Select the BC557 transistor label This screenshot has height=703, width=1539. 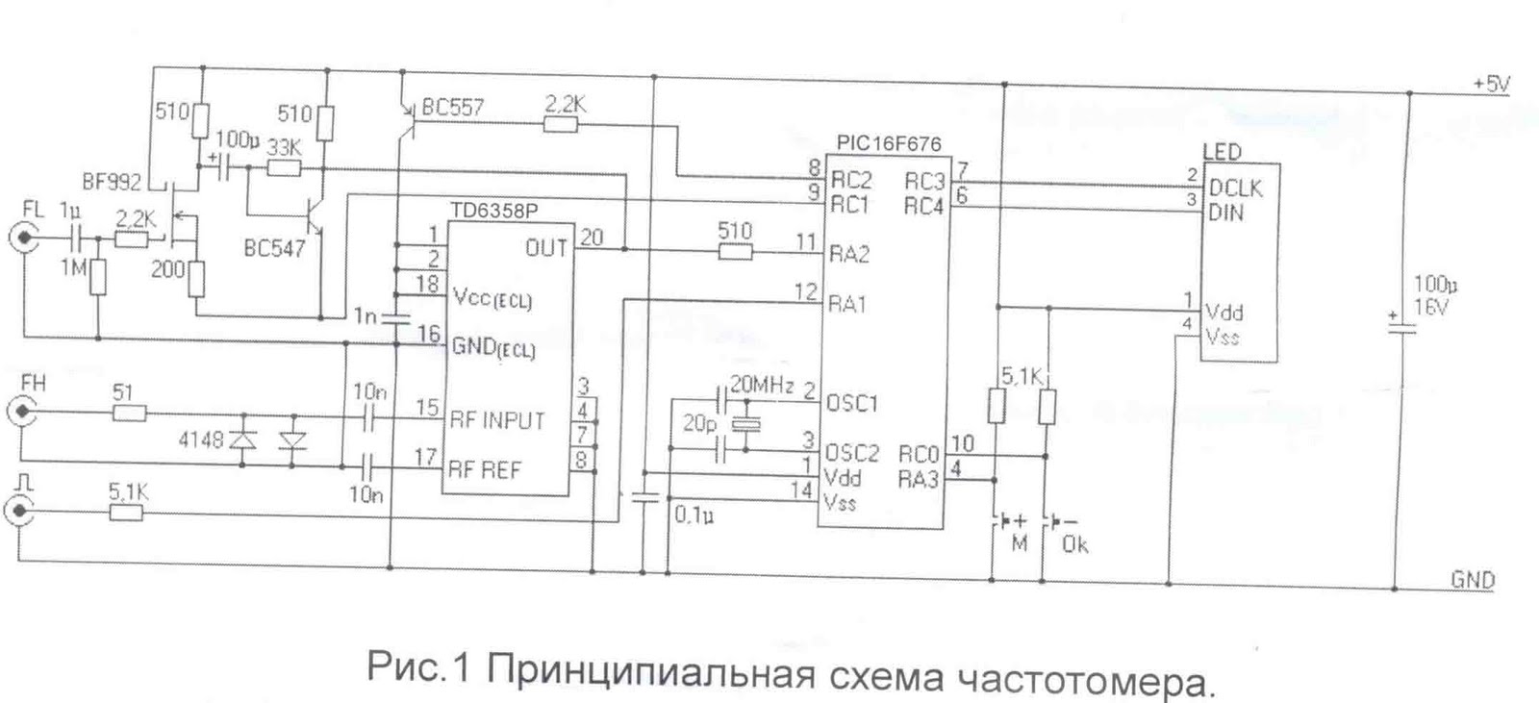tap(452, 107)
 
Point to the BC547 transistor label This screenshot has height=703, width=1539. tap(274, 248)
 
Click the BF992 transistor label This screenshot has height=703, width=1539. tap(112, 180)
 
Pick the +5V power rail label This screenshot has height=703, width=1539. tap(1491, 84)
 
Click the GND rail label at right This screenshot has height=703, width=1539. tap(1473, 579)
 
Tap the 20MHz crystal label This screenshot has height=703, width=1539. tap(762, 386)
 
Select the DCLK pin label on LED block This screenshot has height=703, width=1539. tap(1235, 188)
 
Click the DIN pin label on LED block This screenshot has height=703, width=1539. tap(1225, 212)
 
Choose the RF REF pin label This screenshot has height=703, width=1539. tap(485, 470)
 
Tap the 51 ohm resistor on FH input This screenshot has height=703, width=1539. tap(129, 413)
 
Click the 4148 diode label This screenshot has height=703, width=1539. tap(200, 439)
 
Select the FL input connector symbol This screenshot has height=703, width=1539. tap(23, 237)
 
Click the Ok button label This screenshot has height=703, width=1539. tap(1074, 544)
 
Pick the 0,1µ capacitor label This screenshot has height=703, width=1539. tap(693, 515)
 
